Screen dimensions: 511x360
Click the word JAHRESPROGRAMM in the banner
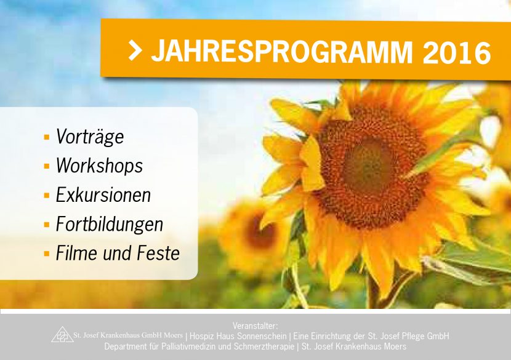pyautogui.click(x=282, y=52)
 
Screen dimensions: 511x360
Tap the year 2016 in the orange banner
pyautogui.click(x=457, y=52)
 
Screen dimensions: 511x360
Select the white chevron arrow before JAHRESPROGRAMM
pyautogui.click(x=135, y=50)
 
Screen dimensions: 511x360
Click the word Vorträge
pyautogui.click(x=90, y=136)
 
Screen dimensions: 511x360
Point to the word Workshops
pyautogui.click(x=99, y=165)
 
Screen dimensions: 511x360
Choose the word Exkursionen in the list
pyautogui.click(x=103, y=194)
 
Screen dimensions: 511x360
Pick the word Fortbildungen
pyautogui.click(x=110, y=224)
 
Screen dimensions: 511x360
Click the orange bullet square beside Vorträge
pyautogui.click(x=47, y=137)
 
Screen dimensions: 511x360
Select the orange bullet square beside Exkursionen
pyautogui.click(x=47, y=196)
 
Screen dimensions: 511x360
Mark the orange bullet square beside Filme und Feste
pyautogui.click(x=47, y=254)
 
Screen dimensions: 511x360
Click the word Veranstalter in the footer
pyautogui.click(x=255, y=326)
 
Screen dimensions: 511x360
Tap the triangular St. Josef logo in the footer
pyautogui.click(x=63, y=334)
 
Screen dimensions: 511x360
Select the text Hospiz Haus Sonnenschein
pyautogui.click(x=238, y=336)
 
